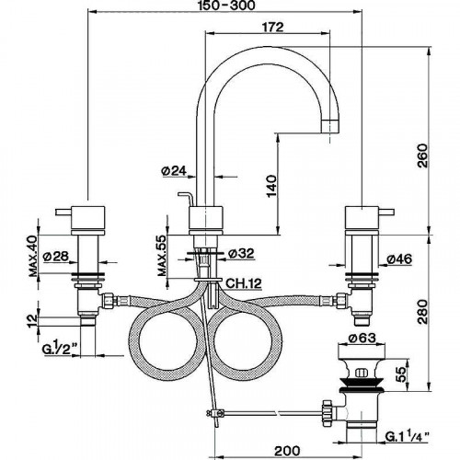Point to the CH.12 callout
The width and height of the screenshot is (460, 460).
tap(246, 282)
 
